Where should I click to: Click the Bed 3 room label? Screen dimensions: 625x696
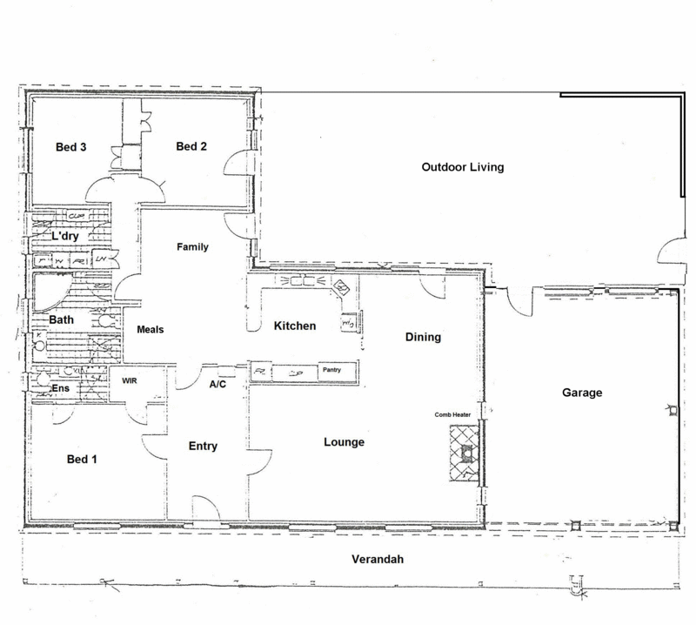[x=70, y=147]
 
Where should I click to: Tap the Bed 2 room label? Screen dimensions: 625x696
[x=191, y=146]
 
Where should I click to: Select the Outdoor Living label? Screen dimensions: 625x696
[x=463, y=167]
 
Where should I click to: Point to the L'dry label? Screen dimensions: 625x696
[x=66, y=237]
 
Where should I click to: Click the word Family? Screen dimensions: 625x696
[x=193, y=247]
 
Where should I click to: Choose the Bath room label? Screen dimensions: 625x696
[x=61, y=319]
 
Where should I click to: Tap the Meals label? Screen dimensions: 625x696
[x=150, y=330]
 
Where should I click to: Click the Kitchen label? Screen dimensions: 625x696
[x=295, y=326]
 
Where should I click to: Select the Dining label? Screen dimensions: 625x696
[x=424, y=337]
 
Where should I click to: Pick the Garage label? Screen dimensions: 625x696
[x=582, y=393]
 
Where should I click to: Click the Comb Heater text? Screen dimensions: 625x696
[x=453, y=415]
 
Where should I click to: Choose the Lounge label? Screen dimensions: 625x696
[x=344, y=442]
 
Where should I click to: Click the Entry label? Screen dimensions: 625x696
[x=203, y=447]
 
